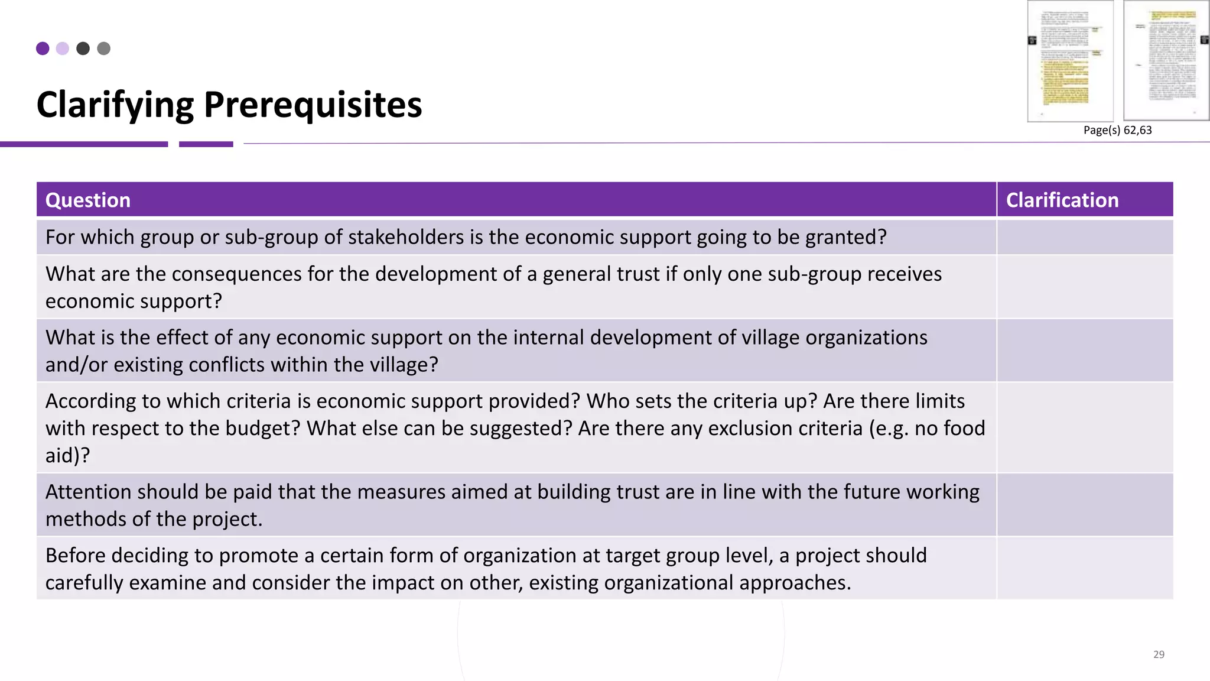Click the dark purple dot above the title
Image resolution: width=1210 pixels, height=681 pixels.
[43, 48]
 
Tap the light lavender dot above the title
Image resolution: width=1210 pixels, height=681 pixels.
[63, 48]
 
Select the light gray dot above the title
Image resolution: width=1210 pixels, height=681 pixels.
[103, 48]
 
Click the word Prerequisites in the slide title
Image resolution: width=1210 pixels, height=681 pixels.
[313, 105]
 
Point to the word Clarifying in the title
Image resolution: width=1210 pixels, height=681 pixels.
[115, 105]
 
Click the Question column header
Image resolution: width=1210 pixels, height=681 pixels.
[88, 200]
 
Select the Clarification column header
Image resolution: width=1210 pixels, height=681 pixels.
[1062, 200]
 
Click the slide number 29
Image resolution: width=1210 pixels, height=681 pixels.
[1159, 654]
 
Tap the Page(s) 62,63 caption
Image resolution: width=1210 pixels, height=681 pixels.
[1117, 130]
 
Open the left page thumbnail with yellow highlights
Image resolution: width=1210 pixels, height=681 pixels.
[1070, 61]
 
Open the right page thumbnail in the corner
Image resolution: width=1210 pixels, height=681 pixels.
[1166, 61]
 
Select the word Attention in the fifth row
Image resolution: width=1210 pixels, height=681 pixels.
[88, 492]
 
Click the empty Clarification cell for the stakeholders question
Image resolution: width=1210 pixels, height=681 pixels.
[1085, 237]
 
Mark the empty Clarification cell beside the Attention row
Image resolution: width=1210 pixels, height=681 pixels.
[1085, 505]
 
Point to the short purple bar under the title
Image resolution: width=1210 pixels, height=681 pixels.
[206, 144]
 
